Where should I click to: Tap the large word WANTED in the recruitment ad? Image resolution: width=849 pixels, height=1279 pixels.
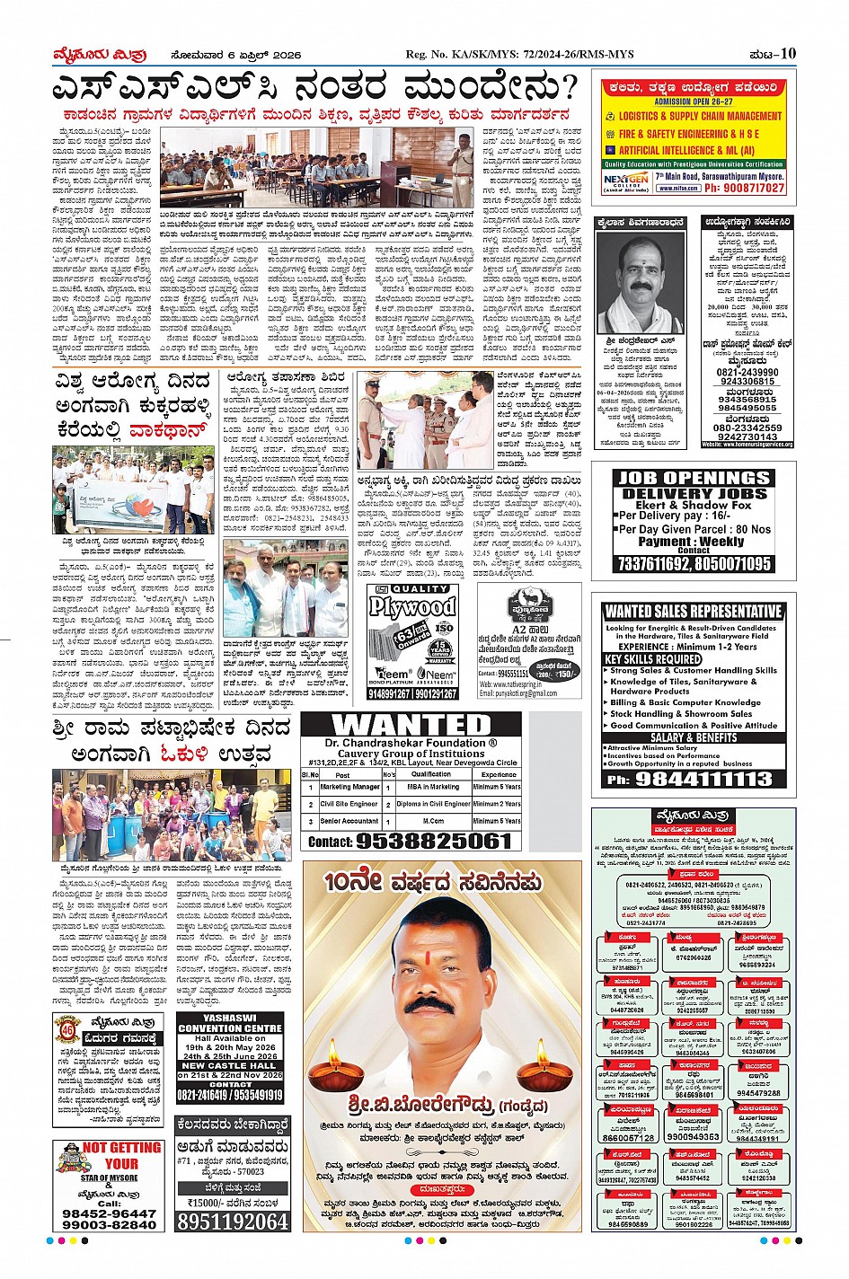tap(411, 725)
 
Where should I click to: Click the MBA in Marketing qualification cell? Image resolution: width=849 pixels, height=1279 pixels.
tap(433, 787)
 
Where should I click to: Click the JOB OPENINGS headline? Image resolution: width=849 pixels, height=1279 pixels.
tap(694, 478)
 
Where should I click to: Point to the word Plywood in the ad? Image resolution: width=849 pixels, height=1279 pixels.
tap(412, 606)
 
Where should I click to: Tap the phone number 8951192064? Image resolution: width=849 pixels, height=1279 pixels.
tap(233, 1222)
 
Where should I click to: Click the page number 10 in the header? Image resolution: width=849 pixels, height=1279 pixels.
tap(787, 54)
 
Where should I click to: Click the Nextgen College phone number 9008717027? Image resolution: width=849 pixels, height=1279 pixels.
tap(744, 189)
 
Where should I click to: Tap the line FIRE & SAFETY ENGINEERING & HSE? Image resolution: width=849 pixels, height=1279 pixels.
tap(689, 134)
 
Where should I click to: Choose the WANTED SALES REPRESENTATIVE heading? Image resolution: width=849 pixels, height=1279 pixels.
tap(693, 612)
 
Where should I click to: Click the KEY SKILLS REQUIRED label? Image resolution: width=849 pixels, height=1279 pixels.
tap(650, 659)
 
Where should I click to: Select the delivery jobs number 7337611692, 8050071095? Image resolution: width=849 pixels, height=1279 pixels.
tap(693, 564)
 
